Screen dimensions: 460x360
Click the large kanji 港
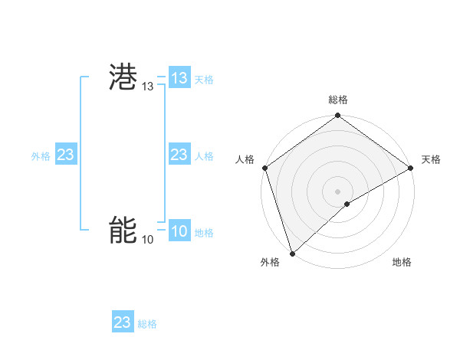(x=123, y=79)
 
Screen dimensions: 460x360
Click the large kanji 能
(x=123, y=231)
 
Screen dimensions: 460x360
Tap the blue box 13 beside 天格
(x=179, y=78)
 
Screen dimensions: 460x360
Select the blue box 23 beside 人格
(x=179, y=155)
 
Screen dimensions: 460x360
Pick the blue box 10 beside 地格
(x=179, y=231)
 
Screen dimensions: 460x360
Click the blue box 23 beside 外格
(x=66, y=155)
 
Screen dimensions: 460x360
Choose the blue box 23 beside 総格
(x=123, y=322)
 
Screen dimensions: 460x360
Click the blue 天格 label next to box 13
(x=204, y=80)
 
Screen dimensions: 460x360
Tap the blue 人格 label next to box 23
(x=204, y=156)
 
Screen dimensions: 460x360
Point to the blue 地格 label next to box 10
(x=204, y=233)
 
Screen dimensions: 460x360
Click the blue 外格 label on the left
(x=41, y=156)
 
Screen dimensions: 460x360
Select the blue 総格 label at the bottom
(x=147, y=324)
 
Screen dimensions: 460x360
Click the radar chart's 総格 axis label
(x=338, y=100)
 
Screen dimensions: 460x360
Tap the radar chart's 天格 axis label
(x=431, y=159)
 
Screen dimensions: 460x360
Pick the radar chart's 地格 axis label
(x=402, y=263)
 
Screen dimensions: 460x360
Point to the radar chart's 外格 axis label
(x=270, y=263)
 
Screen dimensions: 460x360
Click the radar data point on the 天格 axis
(x=411, y=168)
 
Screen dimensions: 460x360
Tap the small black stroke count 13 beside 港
(x=148, y=87)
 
